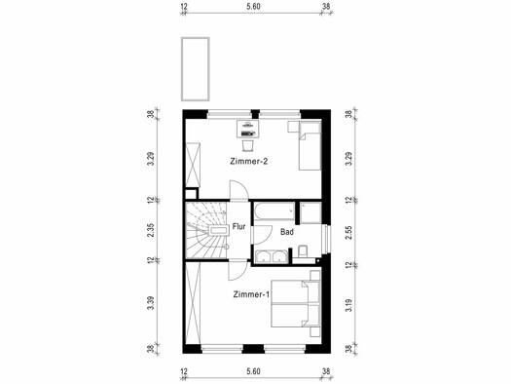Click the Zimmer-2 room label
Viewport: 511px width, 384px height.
point(248,161)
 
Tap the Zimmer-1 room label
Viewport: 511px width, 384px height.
point(251,294)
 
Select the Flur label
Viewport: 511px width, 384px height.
point(238,226)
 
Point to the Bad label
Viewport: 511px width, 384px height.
point(287,232)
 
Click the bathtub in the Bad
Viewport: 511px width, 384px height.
point(274,211)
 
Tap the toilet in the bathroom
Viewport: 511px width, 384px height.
point(303,251)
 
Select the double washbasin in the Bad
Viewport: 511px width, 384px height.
point(271,256)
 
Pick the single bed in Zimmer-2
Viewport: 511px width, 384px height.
point(310,146)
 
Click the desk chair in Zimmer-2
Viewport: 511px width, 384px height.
point(247,145)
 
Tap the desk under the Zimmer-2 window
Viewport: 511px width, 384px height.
point(247,129)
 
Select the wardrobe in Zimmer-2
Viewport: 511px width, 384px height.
point(193,165)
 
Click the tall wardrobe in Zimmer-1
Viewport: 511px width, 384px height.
point(193,303)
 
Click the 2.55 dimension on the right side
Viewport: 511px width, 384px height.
point(349,232)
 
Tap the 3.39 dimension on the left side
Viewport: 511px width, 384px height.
point(150,304)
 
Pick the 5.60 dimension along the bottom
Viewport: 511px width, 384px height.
point(253,371)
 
